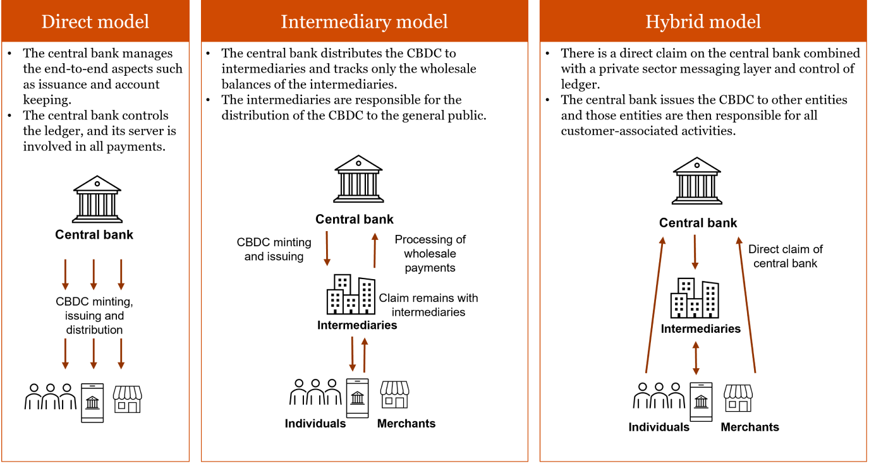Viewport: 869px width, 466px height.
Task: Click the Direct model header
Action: pyautogui.click(x=95, y=21)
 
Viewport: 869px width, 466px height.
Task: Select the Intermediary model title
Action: pyautogui.click(x=364, y=21)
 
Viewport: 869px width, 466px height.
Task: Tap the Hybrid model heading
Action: pyautogui.click(x=703, y=21)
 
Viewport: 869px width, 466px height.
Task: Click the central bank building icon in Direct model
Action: pyautogui.click(x=97, y=199)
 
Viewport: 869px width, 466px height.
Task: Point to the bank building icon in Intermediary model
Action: pyautogui.click(x=358, y=179)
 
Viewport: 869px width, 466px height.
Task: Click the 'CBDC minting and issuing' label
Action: pyautogui.click(x=274, y=249)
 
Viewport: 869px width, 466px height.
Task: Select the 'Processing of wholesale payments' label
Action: pyautogui.click(x=430, y=253)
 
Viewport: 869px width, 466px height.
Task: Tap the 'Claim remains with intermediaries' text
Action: pyautogui.click(x=428, y=305)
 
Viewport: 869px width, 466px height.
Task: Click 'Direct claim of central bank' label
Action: pyautogui.click(x=785, y=256)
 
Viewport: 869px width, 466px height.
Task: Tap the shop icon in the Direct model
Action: pyautogui.click(x=127, y=400)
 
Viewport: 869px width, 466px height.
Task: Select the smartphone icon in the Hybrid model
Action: pyautogui.click(x=701, y=402)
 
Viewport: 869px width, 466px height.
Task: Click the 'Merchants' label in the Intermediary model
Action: pyautogui.click(x=406, y=424)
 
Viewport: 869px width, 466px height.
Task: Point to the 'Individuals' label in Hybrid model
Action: pyautogui.click(x=659, y=427)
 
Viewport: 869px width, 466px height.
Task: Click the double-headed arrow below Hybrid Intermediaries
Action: pyautogui.click(x=696, y=358)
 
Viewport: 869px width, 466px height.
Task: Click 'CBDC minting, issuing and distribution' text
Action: pyautogui.click(x=94, y=316)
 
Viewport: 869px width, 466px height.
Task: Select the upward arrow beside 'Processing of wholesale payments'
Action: pyautogui.click(x=374, y=250)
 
